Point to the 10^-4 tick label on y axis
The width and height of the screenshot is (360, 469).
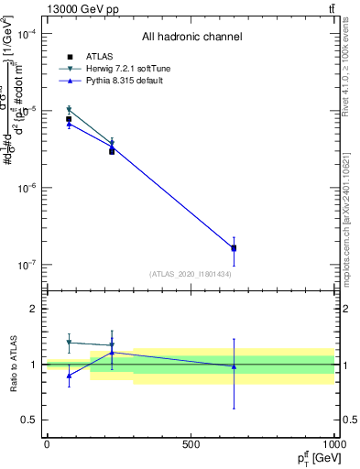coord(26,34)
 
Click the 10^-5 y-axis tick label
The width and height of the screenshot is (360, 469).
coord(26,111)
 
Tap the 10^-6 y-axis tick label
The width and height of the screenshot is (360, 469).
coord(26,188)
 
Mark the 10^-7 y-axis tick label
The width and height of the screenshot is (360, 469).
coord(26,265)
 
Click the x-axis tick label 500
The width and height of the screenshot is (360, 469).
coord(191,444)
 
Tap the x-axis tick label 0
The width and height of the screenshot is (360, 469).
coord(47,444)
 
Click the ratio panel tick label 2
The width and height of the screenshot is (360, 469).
coord(34,310)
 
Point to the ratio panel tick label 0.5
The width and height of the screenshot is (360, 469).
coord(29,420)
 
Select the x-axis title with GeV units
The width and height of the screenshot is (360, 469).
coord(315,457)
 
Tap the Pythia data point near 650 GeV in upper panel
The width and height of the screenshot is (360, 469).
coord(234,247)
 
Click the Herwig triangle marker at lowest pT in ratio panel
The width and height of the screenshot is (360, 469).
coord(69,343)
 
